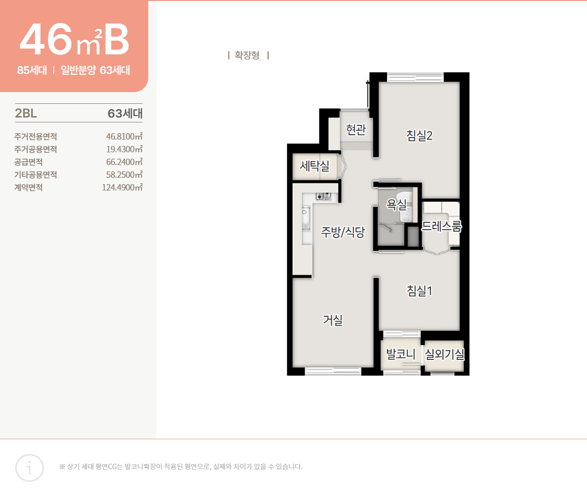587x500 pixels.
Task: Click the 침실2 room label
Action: tap(419, 136)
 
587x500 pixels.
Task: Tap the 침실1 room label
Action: tap(419, 291)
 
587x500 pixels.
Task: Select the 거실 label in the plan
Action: tap(333, 320)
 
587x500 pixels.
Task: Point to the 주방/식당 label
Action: tap(342, 232)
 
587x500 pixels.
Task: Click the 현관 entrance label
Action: tap(356, 130)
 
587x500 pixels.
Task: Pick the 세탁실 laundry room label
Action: tap(315, 166)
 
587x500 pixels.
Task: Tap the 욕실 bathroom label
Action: tap(396, 204)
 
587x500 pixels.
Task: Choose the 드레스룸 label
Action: tap(441, 226)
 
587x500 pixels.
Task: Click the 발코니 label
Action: tap(401, 354)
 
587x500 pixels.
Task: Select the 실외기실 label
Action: tap(444, 354)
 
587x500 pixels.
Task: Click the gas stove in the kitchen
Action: tap(323, 197)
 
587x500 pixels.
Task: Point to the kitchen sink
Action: tap(306, 218)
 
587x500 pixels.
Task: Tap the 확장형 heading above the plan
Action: tap(247, 55)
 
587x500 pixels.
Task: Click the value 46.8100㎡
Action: tap(124, 137)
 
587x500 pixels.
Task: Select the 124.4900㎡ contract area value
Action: tap(122, 188)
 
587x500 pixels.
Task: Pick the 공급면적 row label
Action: tap(28, 162)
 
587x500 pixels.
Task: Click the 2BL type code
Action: tap(26, 114)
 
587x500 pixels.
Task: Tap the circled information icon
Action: tap(29, 468)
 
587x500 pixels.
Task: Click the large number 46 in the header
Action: tap(46, 40)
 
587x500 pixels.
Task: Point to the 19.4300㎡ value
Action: tap(124, 149)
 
